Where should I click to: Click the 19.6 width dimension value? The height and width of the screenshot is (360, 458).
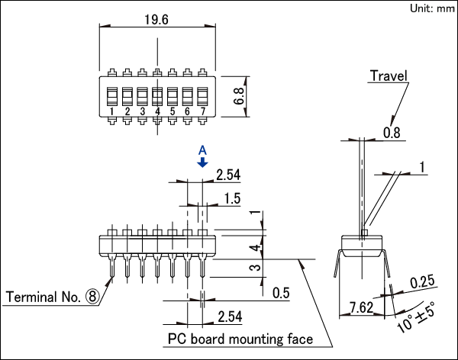156,20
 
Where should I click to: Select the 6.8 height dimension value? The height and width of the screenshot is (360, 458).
239,96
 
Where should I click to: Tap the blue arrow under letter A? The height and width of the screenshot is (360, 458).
202,162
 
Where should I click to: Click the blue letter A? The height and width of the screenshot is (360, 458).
202,150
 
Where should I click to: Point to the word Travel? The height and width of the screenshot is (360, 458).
389,76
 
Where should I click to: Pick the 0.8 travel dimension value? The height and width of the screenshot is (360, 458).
392,133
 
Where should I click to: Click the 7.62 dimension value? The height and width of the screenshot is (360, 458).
362,307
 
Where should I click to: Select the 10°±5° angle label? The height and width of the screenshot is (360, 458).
417,317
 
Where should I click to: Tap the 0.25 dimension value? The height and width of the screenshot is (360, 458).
422,282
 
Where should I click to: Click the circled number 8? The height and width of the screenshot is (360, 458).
92,297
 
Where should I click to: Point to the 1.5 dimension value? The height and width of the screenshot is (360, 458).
232,198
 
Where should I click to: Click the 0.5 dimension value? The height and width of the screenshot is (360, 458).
281,293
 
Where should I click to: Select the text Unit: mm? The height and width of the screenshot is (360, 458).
432,8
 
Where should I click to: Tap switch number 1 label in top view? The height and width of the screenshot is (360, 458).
112,111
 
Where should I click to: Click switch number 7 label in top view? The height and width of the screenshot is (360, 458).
203,111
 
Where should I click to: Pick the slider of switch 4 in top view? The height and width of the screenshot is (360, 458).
157,96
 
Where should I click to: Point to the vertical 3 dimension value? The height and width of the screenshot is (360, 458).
255,267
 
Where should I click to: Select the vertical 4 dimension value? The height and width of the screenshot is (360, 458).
255,248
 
